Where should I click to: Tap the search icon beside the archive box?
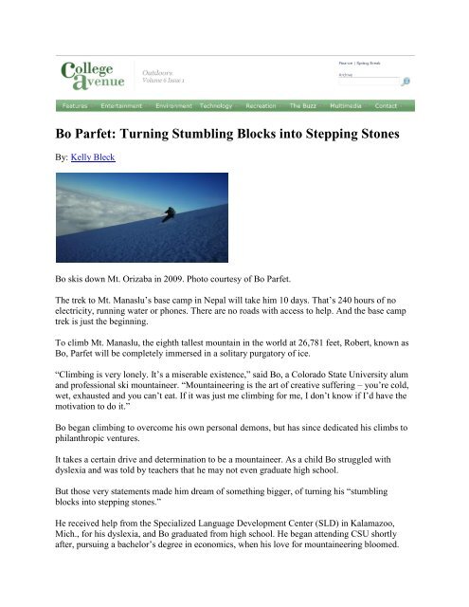point(406,82)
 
